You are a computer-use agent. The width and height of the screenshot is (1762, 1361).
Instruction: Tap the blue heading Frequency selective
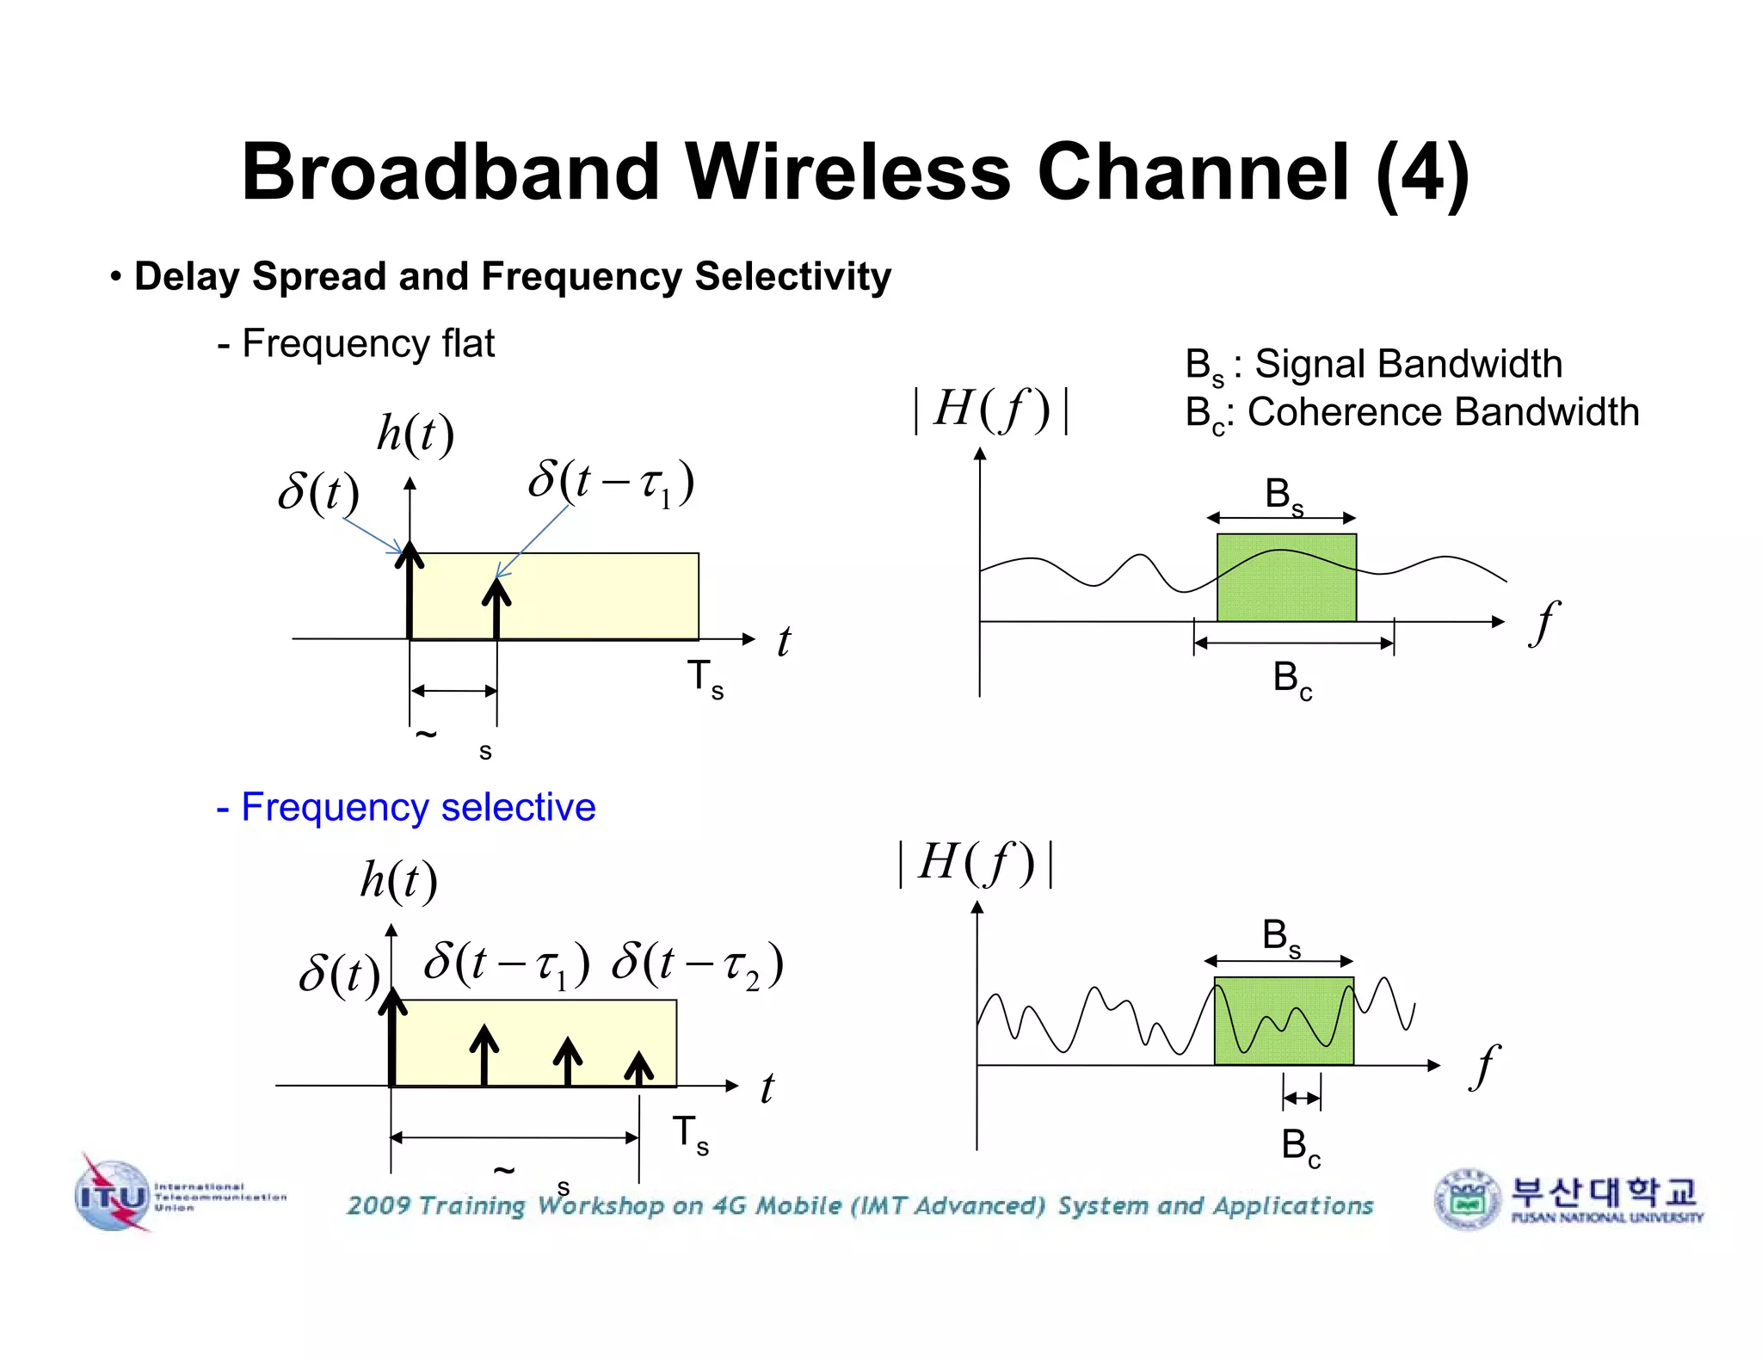coord(406,807)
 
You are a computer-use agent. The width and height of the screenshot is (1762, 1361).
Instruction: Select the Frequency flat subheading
coord(356,343)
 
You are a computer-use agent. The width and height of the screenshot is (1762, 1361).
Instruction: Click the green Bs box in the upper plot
coord(1286,577)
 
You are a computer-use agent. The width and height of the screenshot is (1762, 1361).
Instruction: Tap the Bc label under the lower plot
coord(1300,1147)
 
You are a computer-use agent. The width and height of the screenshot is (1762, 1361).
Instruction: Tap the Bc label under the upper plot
coord(1292,680)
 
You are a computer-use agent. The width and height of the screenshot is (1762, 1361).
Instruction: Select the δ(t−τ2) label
coord(698,964)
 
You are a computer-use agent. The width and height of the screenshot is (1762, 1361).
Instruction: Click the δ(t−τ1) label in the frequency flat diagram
coord(611,483)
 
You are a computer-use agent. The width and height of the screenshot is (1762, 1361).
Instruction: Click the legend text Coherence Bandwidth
coord(1443,412)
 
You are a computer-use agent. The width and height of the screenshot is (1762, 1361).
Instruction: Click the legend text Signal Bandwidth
coord(1408,364)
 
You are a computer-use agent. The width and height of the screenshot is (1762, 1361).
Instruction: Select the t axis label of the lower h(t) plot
coord(767,1087)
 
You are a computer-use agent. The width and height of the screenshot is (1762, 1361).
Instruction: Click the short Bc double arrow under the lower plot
coord(1302,1098)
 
